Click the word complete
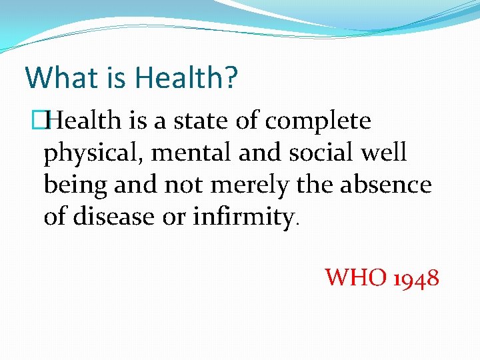[318, 122]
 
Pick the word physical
[94, 153]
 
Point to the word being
[75, 185]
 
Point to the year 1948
[416, 277]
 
